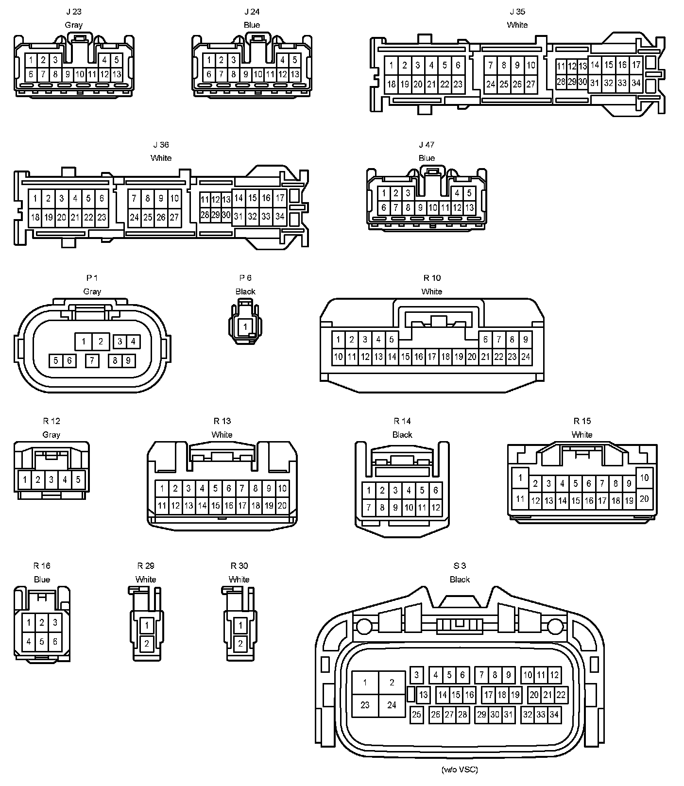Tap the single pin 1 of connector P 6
(x=245, y=326)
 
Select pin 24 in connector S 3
(x=392, y=705)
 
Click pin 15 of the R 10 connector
(x=405, y=357)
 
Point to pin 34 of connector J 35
(x=636, y=83)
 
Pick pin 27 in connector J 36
(x=174, y=217)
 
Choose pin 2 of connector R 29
(x=146, y=644)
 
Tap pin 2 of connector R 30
(x=240, y=644)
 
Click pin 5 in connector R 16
(x=42, y=642)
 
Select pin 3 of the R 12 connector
(x=51, y=480)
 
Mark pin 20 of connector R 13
(x=282, y=506)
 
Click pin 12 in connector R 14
(x=435, y=508)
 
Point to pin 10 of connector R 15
(x=644, y=478)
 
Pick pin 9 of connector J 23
(x=68, y=75)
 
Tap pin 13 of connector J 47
(x=469, y=208)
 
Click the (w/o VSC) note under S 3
(x=460, y=769)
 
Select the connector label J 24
(x=252, y=12)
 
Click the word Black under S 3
(x=460, y=580)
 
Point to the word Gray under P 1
(x=92, y=291)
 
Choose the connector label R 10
(x=432, y=278)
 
